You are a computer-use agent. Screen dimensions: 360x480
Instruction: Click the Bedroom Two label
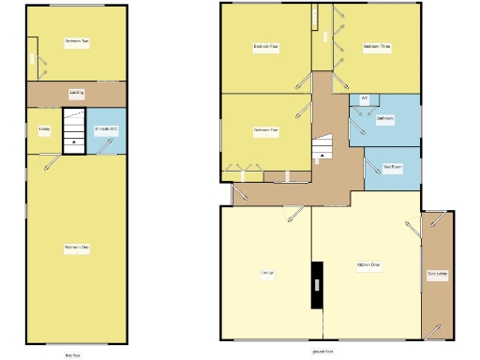77,42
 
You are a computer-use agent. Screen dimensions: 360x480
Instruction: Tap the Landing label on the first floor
77,93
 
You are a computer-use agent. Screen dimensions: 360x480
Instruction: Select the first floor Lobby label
44,128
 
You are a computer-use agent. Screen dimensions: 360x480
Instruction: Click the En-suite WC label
105,128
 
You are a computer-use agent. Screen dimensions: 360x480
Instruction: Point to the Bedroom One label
77,247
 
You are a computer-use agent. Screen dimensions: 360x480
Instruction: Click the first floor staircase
73,131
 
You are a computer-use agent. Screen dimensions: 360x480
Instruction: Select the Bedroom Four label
266,46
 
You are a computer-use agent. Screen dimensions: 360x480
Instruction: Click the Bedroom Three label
377,46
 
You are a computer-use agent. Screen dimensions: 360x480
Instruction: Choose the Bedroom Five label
266,130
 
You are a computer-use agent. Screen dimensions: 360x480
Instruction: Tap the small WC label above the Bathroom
364,97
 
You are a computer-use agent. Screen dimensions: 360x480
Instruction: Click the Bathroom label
385,119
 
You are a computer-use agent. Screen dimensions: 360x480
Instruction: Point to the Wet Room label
392,168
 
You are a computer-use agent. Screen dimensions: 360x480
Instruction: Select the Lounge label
266,273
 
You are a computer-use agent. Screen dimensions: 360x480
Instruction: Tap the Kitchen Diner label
368,265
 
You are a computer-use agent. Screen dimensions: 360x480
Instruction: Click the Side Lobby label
437,274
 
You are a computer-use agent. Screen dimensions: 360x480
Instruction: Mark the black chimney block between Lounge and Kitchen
317,282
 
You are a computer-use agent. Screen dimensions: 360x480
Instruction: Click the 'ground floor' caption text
323,351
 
